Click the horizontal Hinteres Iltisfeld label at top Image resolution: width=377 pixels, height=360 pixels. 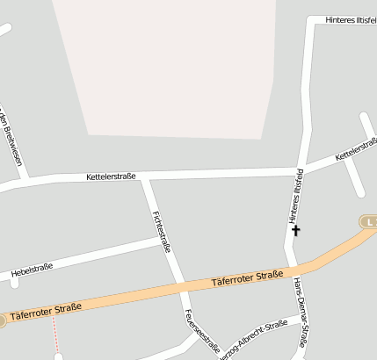tap(350, 19)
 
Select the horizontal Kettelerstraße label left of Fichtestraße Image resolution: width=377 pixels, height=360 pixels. tap(111, 176)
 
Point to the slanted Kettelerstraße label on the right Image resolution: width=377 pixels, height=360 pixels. tap(355, 151)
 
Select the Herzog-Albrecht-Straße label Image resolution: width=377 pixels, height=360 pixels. tap(253, 335)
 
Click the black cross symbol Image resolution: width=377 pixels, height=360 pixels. tap(296, 230)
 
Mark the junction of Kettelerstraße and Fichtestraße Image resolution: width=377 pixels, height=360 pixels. tap(145, 176)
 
